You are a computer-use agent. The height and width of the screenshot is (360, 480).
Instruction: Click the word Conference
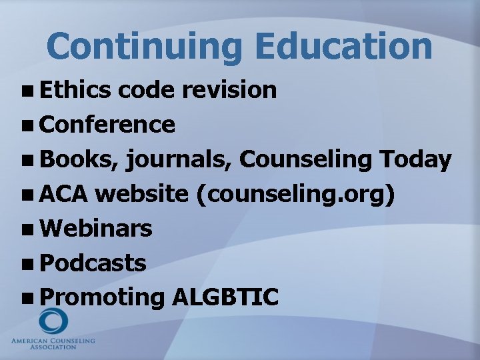(107, 124)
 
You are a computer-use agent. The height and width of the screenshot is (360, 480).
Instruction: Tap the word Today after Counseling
(415, 159)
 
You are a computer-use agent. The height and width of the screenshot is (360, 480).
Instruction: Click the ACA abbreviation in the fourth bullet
(63, 194)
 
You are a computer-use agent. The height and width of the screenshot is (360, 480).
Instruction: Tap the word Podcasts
(93, 263)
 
